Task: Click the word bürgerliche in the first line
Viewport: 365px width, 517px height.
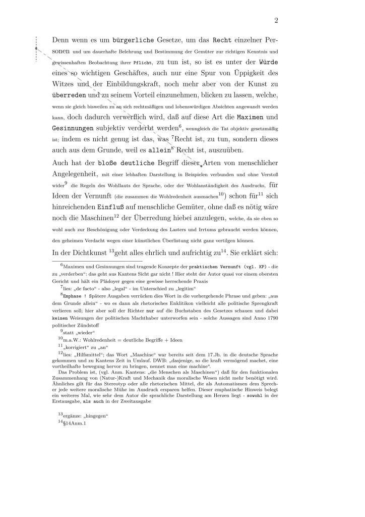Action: point(124,39)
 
